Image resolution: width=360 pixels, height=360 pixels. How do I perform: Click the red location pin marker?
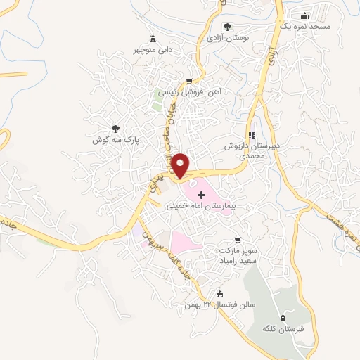pyautogui.click(x=181, y=165)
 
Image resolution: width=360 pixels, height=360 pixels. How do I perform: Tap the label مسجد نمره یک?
pyautogui.click(x=304, y=26)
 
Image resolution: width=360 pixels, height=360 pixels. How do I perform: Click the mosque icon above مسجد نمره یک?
pyautogui.click(x=304, y=15)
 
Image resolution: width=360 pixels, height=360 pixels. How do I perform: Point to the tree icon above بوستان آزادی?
pyautogui.click(x=226, y=26)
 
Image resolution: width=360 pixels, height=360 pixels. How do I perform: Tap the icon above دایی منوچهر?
pyautogui.click(x=152, y=39)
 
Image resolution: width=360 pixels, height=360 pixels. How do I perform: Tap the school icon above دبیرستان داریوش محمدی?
pyautogui.click(x=251, y=134)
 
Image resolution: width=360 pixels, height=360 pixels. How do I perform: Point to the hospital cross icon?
pyautogui.click(x=202, y=193)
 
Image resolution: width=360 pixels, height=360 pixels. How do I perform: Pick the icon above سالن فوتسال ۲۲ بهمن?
pyautogui.click(x=220, y=294)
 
